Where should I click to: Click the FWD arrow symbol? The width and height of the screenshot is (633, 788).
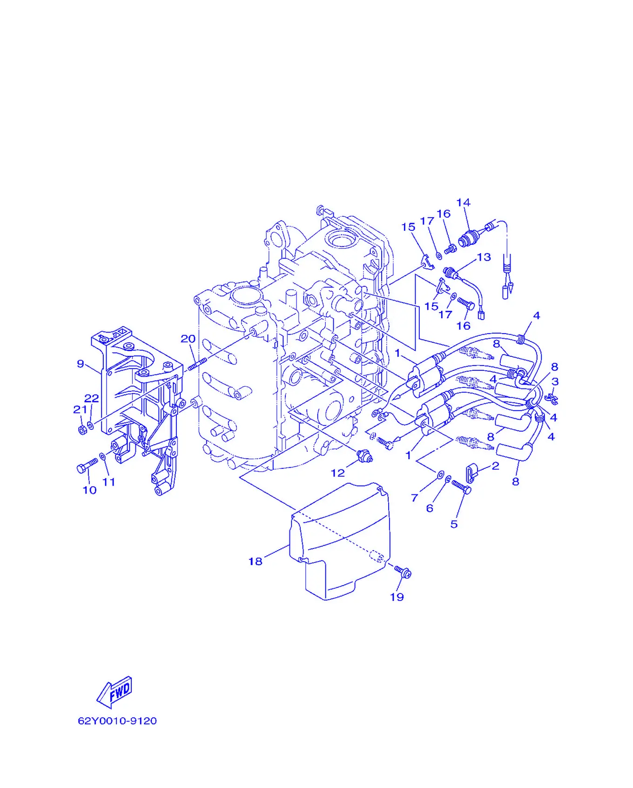pos(114,692)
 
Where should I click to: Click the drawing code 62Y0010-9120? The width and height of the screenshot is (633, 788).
pos(117,721)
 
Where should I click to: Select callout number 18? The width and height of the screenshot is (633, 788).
pos(255,561)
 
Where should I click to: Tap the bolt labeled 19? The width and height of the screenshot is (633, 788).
pos(403,572)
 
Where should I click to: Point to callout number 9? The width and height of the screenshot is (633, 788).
pos(81,364)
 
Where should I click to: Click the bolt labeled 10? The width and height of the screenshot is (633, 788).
pos(87,466)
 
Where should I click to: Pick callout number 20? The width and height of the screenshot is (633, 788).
pos(188,339)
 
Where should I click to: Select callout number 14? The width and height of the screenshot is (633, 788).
pos(463,202)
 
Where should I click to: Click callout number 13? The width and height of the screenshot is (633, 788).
pos(484,257)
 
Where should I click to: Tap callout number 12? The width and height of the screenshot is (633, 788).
pos(337,473)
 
